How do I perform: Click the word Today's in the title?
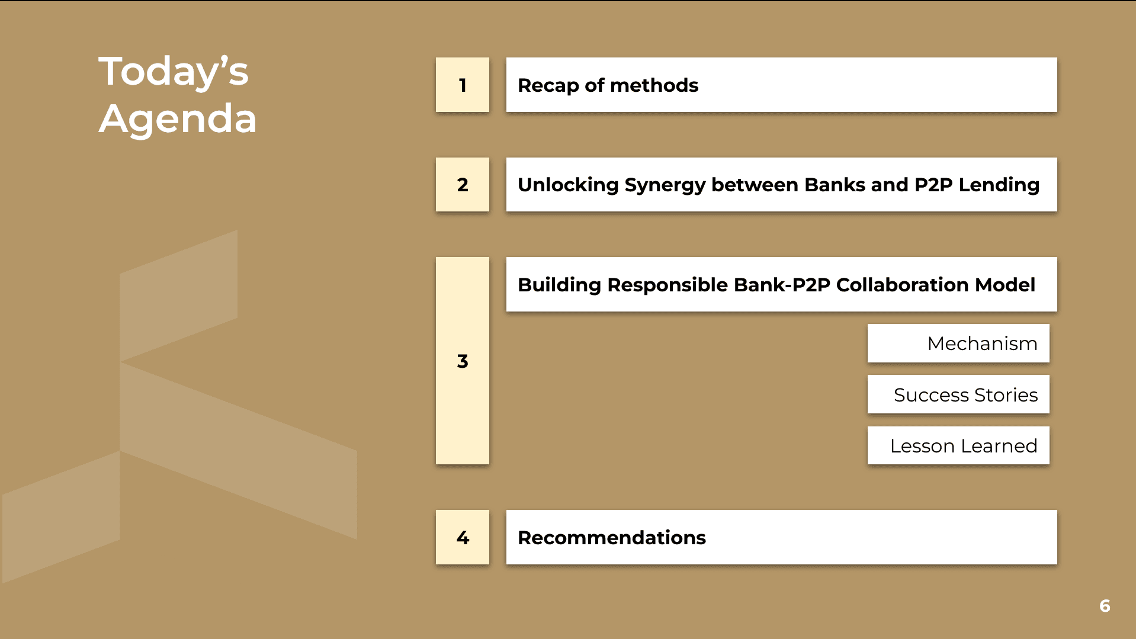tap(174, 72)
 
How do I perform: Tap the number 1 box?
tap(463, 85)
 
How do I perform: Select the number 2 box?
tap(463, 185)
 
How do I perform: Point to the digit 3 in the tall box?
tap(463, 361)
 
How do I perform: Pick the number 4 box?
tap(463, 537)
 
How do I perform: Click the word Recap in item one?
tap(548, 86)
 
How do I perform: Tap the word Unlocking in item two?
tap(568, 185)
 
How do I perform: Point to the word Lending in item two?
tap(999, 185)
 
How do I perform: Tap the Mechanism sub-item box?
tap(958, 343)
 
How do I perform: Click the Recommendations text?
tap(612, 538)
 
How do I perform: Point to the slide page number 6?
tap(1105, 606)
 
